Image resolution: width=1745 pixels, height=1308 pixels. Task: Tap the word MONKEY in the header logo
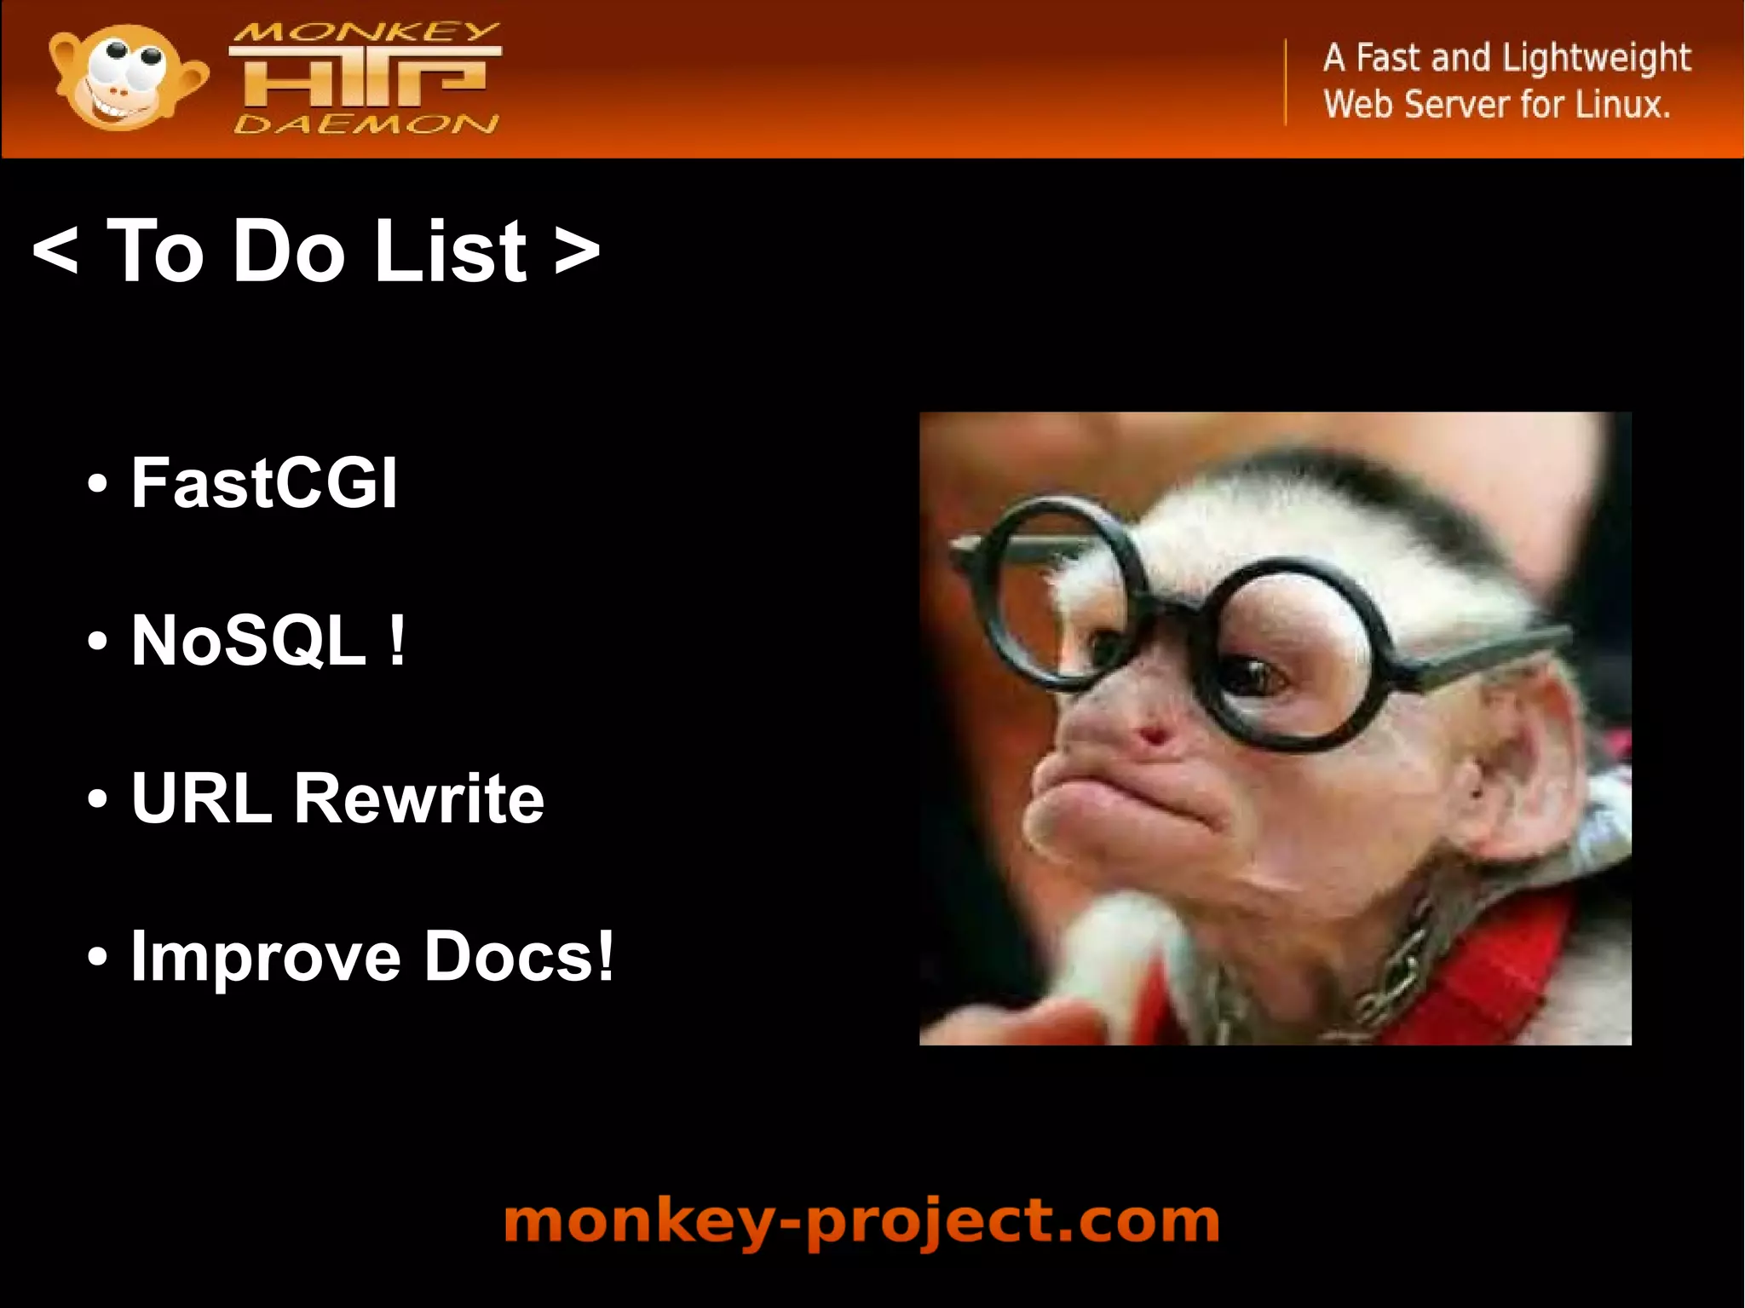coord(365,32)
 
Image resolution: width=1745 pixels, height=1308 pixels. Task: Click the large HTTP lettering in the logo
coord(365,78)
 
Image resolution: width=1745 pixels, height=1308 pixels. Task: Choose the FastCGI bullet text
coord(264,483)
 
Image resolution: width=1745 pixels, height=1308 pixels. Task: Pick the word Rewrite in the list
coord(418,799)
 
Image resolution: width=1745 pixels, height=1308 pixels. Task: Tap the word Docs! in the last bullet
coord(519,956)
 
